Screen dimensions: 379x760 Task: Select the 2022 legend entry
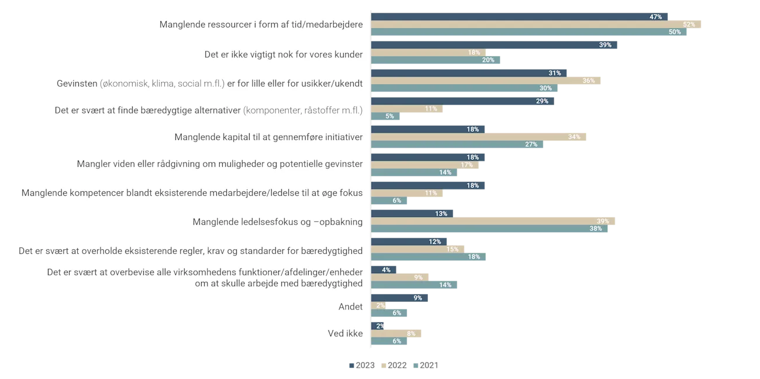click(393, 365)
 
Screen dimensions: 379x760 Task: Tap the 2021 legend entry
click(426, 365)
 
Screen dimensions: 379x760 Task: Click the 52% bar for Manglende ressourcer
click(536, 25)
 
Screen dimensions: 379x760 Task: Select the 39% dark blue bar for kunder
click(493, 45)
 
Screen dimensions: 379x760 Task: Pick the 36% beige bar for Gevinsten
click(486, 81)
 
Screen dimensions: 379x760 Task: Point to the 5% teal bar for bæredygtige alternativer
click(386, 116)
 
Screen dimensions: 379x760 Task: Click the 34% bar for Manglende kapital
click(479, 137)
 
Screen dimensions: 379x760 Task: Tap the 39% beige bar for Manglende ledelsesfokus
click(493, 221)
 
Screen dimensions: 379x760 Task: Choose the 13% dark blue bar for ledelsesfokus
click(412, 213)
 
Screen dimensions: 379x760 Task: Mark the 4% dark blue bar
click(384, 270)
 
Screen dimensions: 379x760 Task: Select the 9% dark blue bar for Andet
click(400, 298)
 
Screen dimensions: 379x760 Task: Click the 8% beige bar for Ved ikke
click(398, 333)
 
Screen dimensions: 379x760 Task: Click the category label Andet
click(350, 306)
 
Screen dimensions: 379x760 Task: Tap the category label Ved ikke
click(345, 333)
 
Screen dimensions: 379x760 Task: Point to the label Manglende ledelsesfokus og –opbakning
click(277, 222)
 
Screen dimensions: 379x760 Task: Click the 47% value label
click(655, 17)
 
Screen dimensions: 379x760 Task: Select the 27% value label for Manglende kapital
click(531, 144)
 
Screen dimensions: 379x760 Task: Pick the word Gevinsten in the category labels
click(77, 84)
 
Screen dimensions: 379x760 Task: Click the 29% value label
click(542, 101)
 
